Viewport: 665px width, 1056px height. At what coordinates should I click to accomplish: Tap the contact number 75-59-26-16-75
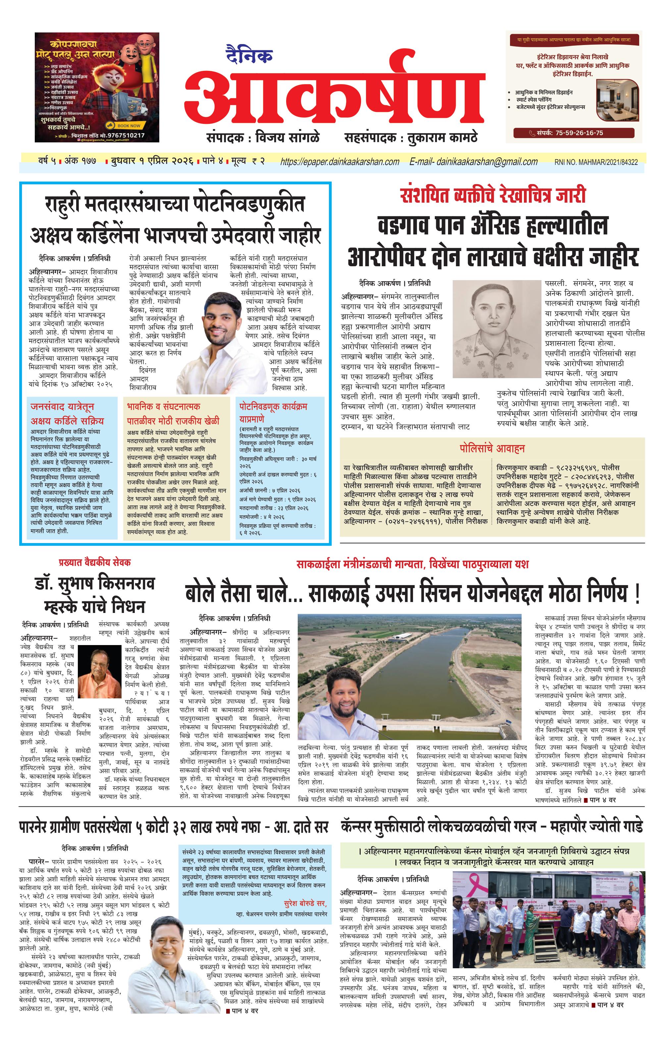(x=578, y=133)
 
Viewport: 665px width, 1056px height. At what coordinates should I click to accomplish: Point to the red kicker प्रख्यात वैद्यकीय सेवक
(x=95, y=563)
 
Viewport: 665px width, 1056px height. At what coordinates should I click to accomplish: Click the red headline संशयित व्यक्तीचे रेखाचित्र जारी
(x=492, y=195)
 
